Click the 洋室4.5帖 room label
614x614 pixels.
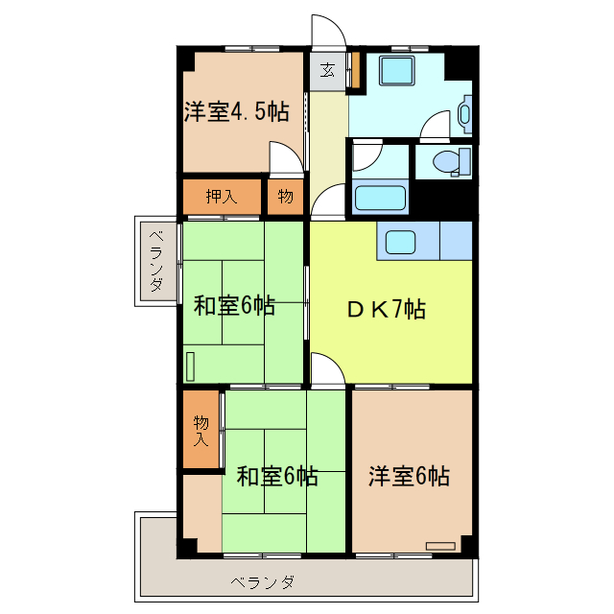(x=236, y=110)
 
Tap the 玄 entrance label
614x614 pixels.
(x=327, y=70)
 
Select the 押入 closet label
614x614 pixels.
(x=222, y=197)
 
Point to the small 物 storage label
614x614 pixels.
(x=286, y=197)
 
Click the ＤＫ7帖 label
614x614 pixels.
(x=387, y=309)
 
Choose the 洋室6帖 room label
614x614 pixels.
(x=410, y=476)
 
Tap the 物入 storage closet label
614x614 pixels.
(x=201, y=430)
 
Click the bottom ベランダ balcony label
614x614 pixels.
(x=262, y=581)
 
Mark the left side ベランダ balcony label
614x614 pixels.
(x=156, y=261)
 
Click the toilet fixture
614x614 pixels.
(x=451, y=161)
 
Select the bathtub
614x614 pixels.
(x=382, y=199)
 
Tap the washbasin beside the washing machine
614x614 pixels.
(x=466, y=113)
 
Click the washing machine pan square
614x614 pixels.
(x=395, y=73)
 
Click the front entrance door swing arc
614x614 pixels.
(x=327, y=29)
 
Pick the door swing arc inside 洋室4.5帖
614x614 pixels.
(x=284, y=155)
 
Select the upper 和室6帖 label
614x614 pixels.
(x=235, y=306)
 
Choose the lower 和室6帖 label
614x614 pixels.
(x=277, y=476)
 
